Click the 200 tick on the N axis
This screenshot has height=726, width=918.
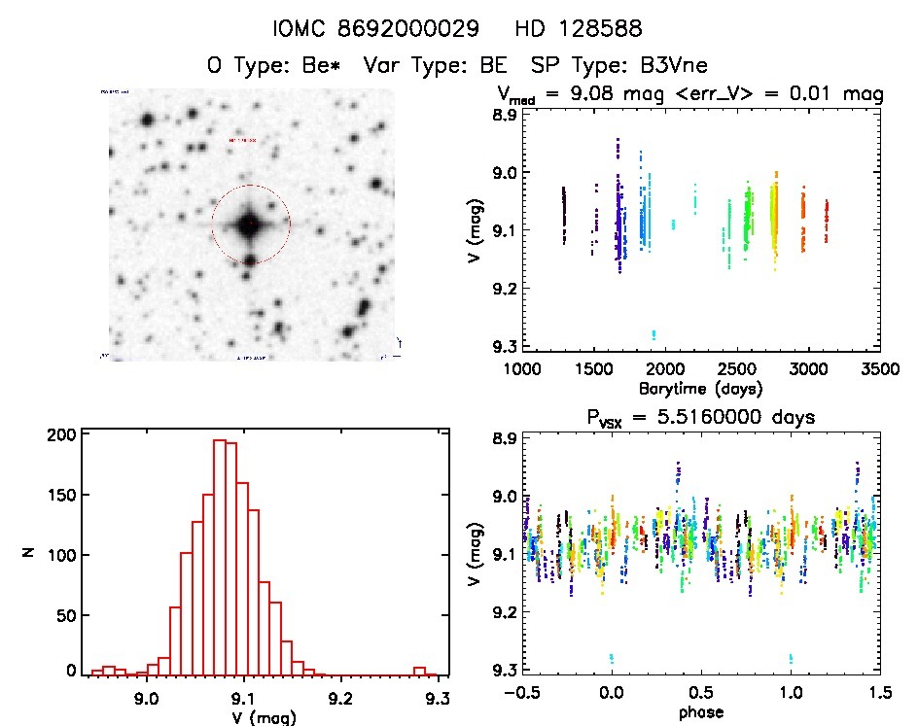pos(63,434)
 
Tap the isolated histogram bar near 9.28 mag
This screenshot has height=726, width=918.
pos(419,671)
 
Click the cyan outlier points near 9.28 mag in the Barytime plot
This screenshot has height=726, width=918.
pos(653,335)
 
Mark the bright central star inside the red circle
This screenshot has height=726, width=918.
pos(250,225)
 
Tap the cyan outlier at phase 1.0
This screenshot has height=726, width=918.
pos(791,658)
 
